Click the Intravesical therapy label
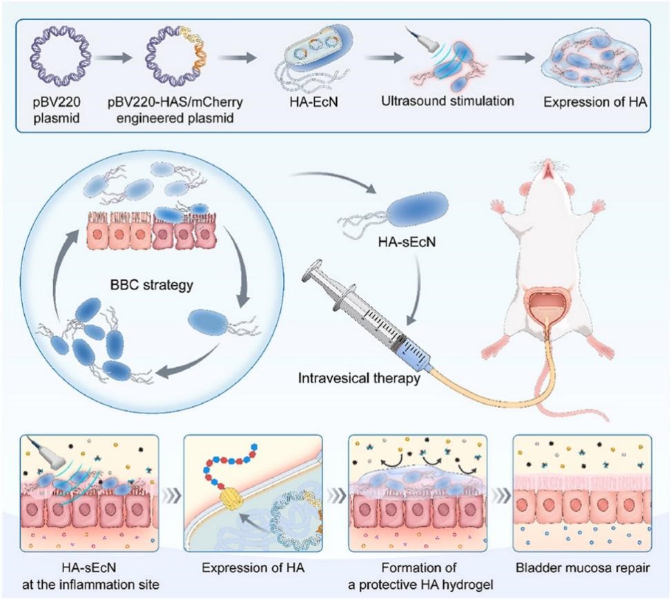[359, 378]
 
